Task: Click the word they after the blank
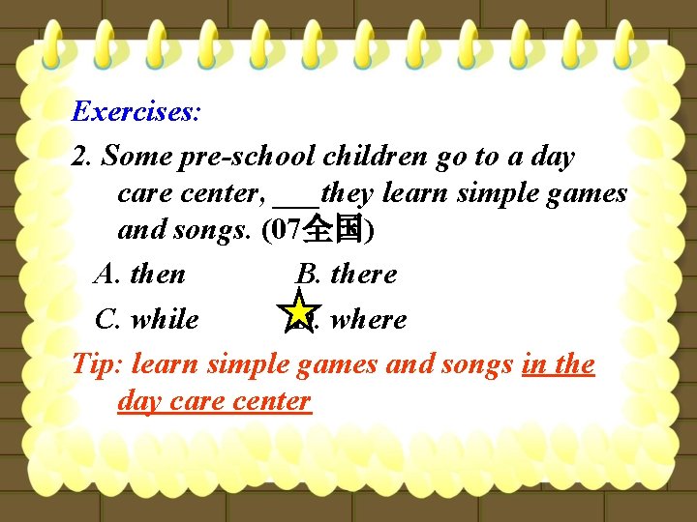pos(347,193)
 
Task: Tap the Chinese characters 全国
pos(332,231)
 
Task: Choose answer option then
pos(157,275)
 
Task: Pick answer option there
pos(363,275)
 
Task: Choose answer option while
pos(165,319)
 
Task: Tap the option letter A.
pos(106,275)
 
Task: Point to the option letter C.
pos(107,319)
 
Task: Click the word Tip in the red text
pos(94,364)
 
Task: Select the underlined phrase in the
pos(559,364)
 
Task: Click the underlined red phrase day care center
pos(214,400)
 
